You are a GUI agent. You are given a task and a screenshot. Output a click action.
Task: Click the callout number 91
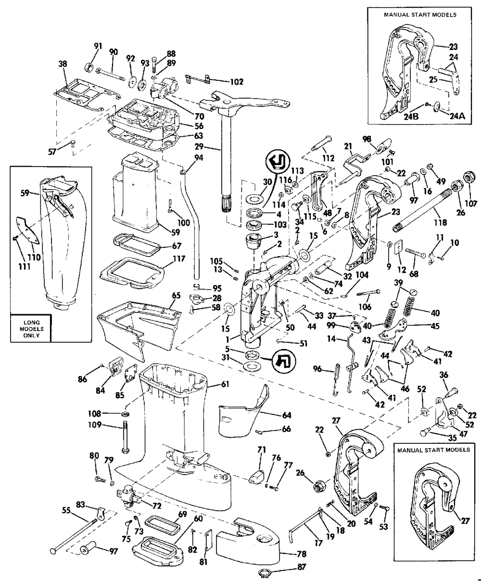(98, 46)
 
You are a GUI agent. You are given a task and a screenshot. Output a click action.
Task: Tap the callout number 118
(440, 223)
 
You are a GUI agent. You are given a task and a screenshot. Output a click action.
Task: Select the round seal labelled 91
(89, 66)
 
